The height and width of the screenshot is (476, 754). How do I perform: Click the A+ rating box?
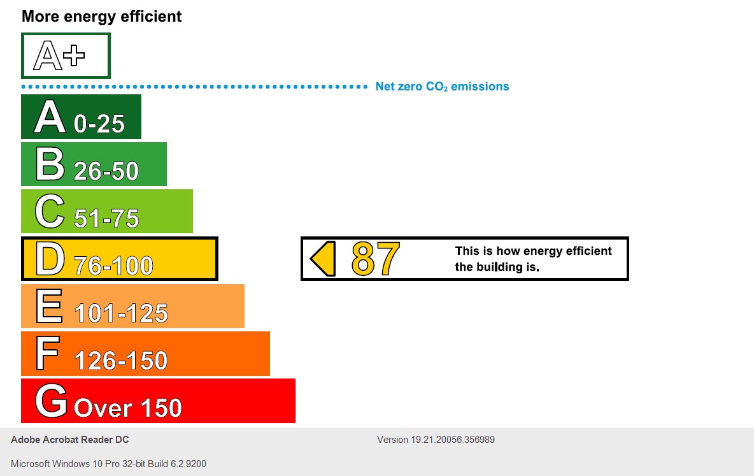tap(66, 56)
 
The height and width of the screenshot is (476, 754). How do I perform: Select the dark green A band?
tap(81, 117)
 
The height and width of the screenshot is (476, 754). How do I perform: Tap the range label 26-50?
tap(106, 171)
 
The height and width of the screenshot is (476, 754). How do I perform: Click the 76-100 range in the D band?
tap(113, 265)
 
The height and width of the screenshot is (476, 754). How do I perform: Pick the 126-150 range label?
tap(120, 361)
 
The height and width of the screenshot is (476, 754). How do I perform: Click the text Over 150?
tap(128, 408)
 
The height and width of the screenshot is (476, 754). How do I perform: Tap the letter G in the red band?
tap(51, 401)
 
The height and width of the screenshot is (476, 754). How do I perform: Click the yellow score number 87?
tap(376, 259)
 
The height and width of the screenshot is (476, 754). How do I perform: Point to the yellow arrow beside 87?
tap(323, 259)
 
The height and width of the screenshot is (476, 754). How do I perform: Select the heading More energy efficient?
tap(102, 17)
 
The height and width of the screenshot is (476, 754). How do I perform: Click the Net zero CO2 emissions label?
tap(442, 87)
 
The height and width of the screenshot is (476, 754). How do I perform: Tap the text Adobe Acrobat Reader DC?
tap(70, 440)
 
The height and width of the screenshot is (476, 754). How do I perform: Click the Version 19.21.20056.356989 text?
tap(436, 440)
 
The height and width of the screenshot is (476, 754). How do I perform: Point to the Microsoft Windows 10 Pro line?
tap(108, 464)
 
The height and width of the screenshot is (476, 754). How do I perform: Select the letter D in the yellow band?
tap(50, 258)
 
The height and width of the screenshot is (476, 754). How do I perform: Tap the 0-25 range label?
tap(99, 124)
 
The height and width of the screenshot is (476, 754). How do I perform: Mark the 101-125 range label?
tap(121, 313)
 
